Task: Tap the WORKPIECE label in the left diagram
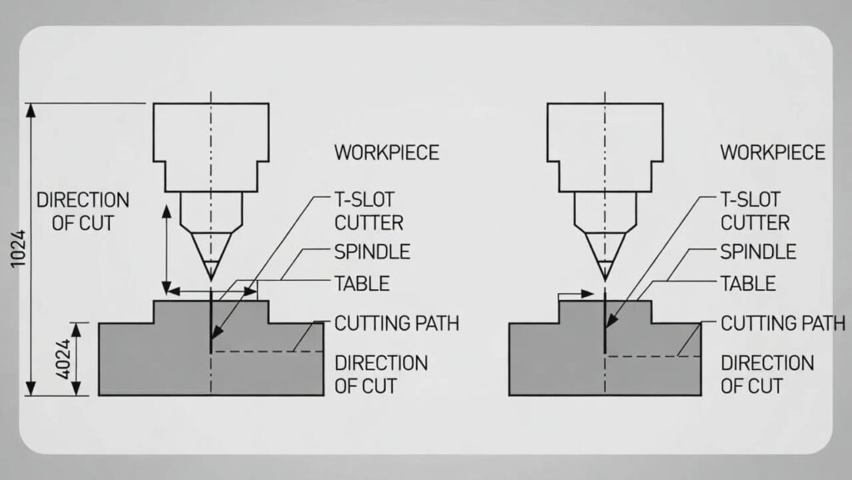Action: click(386, 152)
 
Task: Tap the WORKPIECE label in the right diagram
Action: click(772, 152)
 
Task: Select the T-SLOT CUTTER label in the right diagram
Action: click(755, 212)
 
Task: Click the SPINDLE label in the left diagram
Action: click(372, 252)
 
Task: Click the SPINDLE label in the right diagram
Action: click(758, 252)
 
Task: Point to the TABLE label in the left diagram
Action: click(361, 283)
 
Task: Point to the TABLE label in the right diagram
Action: click(747, 283)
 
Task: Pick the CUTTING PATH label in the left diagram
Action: click(396, 323)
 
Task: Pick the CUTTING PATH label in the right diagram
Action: click(782, 323)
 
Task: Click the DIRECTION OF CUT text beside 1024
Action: click(82, 212)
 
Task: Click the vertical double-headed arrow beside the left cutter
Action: click(166, 245)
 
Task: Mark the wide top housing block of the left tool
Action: click(211, 133)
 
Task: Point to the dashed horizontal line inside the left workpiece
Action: click(266, 352)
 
